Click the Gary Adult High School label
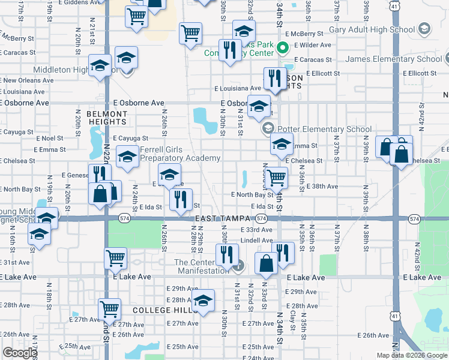click(x=372, y=29)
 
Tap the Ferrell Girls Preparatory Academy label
click(x=173, y=154)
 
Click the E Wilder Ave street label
click(x=309, y=45)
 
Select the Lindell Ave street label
click(x=256, y=241)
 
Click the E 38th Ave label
click(x=322, y=187)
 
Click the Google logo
click(x=19, y=353)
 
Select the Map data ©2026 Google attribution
click(x=412, y=355)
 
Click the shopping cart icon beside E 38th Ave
click(x=276, y=177)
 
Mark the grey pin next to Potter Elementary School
click(x=267, y=128)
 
